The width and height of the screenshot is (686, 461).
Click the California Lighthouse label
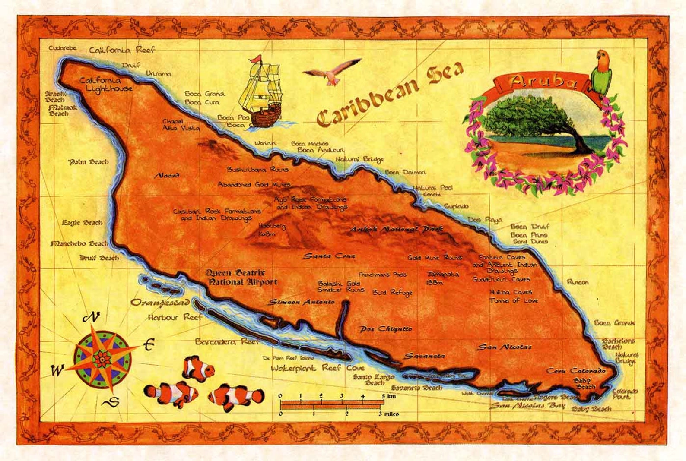tap(106, 84)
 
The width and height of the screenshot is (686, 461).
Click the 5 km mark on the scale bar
tap(383, 401)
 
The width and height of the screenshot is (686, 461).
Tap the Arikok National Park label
tap(396, 229)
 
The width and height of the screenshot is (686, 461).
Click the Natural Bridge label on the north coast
tap(359, 159)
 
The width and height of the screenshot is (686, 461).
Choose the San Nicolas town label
tap(504, 347)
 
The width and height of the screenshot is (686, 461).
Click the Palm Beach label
tap(89, 162)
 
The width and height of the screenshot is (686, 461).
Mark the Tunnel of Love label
tap(514, 300)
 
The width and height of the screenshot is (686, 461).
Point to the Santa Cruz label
tap(329, 256)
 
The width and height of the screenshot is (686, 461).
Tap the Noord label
tap(167, 176)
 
